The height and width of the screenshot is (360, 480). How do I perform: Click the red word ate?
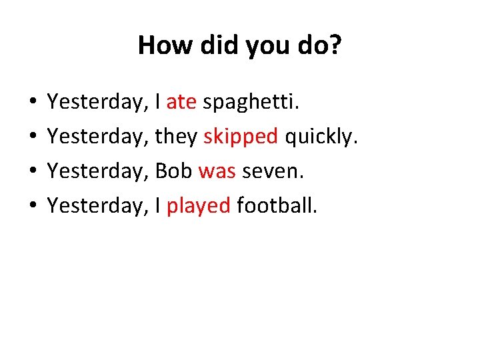[181, 102]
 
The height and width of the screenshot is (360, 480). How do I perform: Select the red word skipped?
[241, 137]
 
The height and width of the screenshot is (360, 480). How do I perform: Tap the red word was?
[217, 171]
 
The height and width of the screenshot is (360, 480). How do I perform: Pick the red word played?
[198, 206]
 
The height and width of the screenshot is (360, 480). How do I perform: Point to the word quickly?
[321, 137]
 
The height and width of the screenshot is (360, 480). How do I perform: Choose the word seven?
[273, 171]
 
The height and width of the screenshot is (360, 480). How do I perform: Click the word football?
[277, 206]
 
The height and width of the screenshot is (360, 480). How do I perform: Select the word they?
[176, 137]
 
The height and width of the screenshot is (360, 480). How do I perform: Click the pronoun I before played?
[158, 206]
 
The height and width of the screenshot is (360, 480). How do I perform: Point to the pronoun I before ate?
[158, 102]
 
